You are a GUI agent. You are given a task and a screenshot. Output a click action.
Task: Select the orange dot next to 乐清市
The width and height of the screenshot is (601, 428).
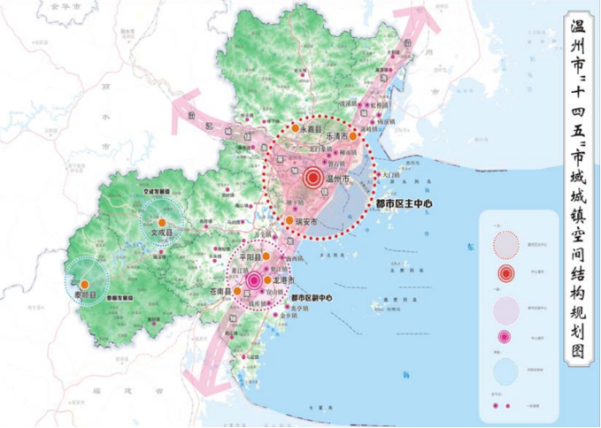pos(352,137)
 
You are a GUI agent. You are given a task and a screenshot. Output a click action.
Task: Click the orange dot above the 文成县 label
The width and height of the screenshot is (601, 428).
pos(162,222)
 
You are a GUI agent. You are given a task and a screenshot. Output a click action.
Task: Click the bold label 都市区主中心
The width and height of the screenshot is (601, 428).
pos(403,203)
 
